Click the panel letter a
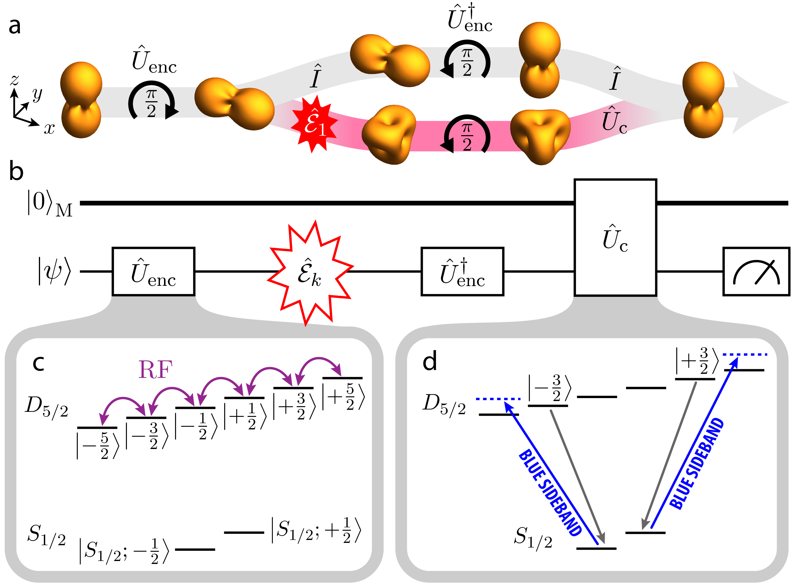click(15, 27)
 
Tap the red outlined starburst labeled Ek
click(310, 273)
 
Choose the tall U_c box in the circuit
click(615, 237)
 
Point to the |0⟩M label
click(50, 204)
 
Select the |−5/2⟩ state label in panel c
click(98, 446)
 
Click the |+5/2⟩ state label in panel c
click(343, 397)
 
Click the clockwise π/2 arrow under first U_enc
click(151, 103)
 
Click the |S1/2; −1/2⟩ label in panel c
click(124, 551)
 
